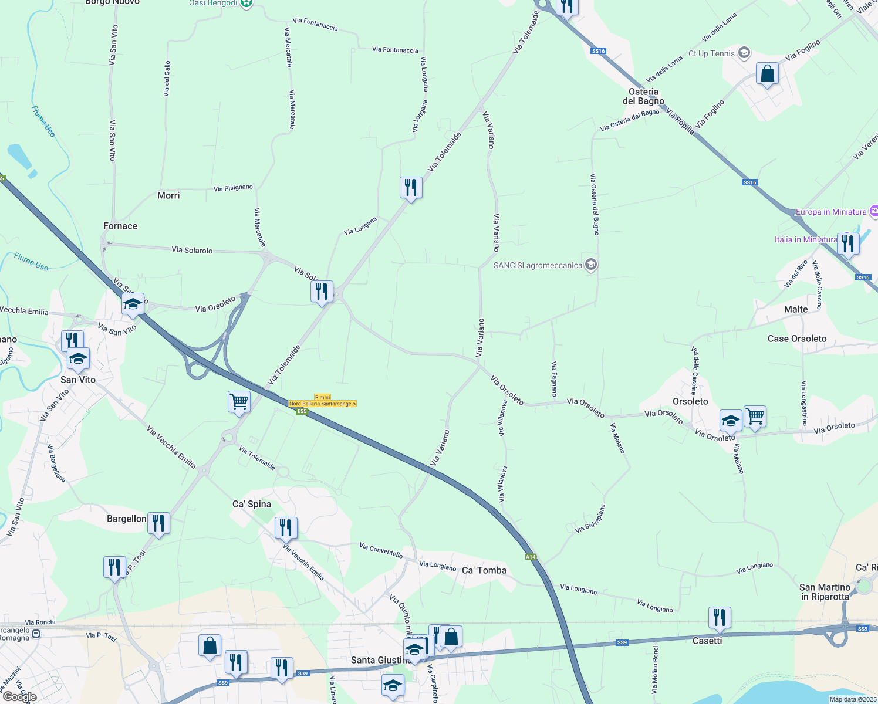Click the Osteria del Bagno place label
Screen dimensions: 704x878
click(x=643, y=96)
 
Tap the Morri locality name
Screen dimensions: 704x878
click(x=168, y=195)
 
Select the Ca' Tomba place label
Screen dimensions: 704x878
click(x=484, y=570)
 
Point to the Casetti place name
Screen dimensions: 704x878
click(x=707, y=641)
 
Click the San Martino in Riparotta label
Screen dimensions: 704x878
click(x=825, y=592)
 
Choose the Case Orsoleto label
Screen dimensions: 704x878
click(x=797, y=339)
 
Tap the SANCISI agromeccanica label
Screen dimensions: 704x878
click(x=538, y=265)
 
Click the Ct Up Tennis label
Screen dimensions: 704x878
click(x=711, y=53)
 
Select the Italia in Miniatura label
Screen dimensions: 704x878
click(x=805, y=239)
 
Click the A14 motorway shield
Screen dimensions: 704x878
click(x=531, y=557)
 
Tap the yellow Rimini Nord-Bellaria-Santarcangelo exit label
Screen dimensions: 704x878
click(x=322, y=401)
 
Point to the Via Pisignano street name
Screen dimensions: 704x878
click(x=233, y=188)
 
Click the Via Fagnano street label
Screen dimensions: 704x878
click(x=554, y=379)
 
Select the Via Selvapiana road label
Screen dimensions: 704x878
click(x=590, y=519)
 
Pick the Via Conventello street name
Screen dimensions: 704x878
click(x=381, y=550)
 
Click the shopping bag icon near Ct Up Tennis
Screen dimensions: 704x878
click(x=767, y=74)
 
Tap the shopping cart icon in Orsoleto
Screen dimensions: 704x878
click(x=755, y=417)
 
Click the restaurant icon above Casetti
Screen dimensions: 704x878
click(x=720, y=618)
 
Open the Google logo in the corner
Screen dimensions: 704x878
click(x=20, y=697)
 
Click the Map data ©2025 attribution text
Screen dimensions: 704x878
click(x=853, y=699)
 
